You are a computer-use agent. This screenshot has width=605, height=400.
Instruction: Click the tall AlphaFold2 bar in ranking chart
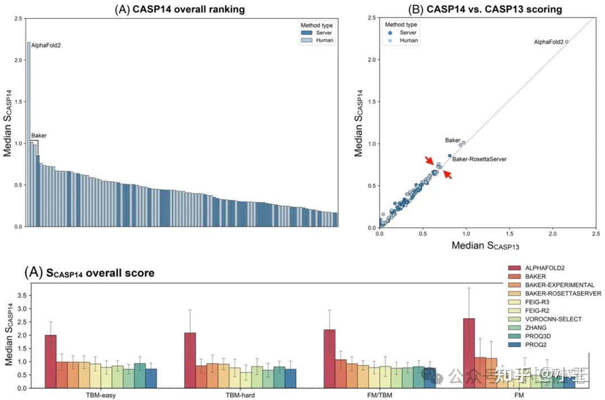pyautogui.click(x=29, y=134)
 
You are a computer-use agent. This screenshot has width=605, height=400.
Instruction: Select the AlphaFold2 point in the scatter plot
pyautogui.click(x=567, y=41)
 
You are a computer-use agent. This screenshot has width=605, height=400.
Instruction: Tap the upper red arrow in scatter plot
pyautogui.click(x=430, y=161)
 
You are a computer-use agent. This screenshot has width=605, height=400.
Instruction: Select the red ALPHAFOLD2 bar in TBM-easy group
pyautogui.click(x=50, y=361)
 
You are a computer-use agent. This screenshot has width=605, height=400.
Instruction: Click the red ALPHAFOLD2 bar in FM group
pyautogui.click(x=469, y=353)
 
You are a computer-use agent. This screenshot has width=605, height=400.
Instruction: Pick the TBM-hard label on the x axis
pyautogui.click(x=240, y=395)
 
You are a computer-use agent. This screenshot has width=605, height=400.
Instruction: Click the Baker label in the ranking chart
pyautogui.click(x=39, y=135)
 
